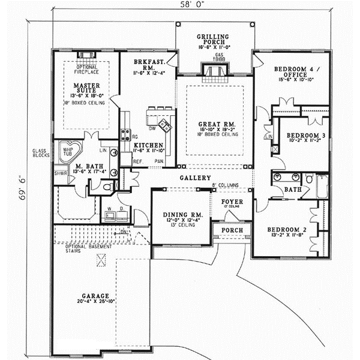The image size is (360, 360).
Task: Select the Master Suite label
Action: click(87, 89)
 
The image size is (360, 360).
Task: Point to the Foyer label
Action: click(232, 202)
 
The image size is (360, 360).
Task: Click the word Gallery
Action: click(192, 178)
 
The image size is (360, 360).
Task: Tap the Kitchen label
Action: click(146, 146)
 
